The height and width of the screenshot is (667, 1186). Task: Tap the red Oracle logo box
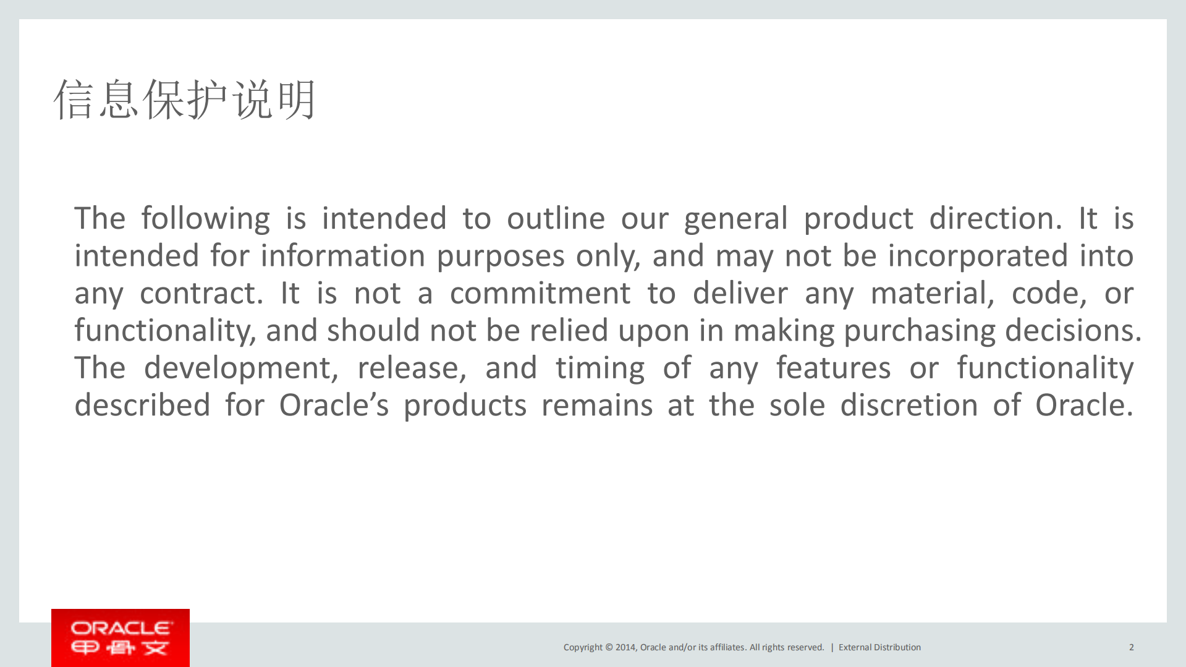coord(121,637)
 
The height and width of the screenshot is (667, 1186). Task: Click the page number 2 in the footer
coord(1131,647)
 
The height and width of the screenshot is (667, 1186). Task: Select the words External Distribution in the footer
coord(879,647)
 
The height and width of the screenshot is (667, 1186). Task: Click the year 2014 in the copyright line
coord(625,647)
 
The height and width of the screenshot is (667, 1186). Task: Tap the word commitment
coord(540,294)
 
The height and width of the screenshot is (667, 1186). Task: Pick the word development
coord(240,368)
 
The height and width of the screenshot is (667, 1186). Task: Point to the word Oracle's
coord(334,406)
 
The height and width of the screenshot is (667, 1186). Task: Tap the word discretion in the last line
coord(908,406)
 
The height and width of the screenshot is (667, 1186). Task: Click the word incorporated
coord(978,256)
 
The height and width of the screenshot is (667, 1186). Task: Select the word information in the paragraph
coord(342,256)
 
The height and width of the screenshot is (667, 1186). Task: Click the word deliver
coord(740,294)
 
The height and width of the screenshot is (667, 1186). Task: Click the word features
coord(833,368)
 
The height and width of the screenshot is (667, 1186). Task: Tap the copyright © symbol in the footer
coord(609,647)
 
